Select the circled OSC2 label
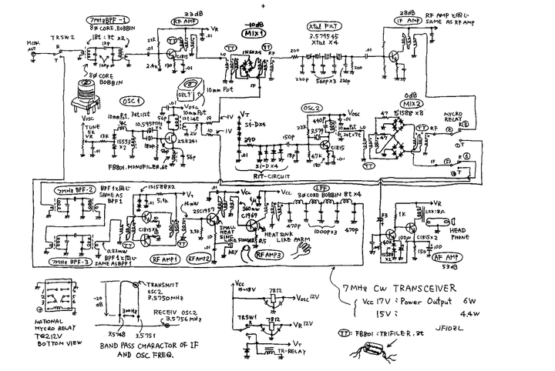312,108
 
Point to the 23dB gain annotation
193,13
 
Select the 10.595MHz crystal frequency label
154,123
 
